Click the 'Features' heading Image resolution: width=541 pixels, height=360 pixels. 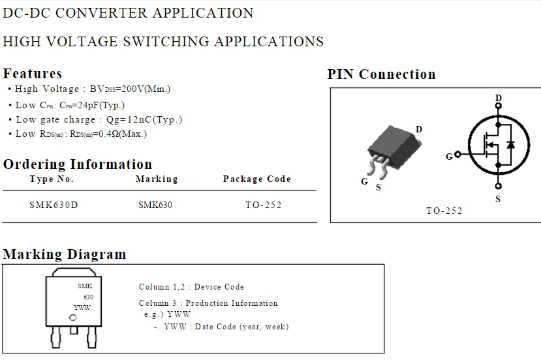[x=33, y=73]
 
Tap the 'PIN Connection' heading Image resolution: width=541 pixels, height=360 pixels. [x=381, y=74]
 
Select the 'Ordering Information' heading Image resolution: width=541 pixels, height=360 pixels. [x=77, y=164]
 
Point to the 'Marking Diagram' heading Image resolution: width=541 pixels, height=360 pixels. [x=65, y=254]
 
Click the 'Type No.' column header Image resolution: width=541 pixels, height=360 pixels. [x=52, y=179]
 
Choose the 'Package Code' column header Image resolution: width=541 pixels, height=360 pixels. [x=256, y=179]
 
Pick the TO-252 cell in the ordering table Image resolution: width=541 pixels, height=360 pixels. [x=263, y=205]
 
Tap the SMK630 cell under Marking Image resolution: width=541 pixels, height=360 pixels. [x=155, y=205]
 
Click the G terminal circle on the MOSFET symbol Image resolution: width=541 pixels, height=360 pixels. [x=457, y=155]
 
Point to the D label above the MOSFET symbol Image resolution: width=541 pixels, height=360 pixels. [x=498, y=98]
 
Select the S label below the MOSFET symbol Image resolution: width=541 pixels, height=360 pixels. [x=498, y=199]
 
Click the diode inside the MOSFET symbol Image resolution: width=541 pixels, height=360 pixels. [x=511, y=144]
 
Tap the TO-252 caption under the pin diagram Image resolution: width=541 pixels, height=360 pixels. [x=444, y=211]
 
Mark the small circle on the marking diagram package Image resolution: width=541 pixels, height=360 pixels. [x=73, y=318]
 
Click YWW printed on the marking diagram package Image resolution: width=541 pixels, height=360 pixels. [x=82, y=307]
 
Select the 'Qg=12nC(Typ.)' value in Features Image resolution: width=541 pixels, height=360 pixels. [x=144, y=119]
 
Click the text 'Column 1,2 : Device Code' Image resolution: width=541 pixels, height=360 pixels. [x=191, y=287]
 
